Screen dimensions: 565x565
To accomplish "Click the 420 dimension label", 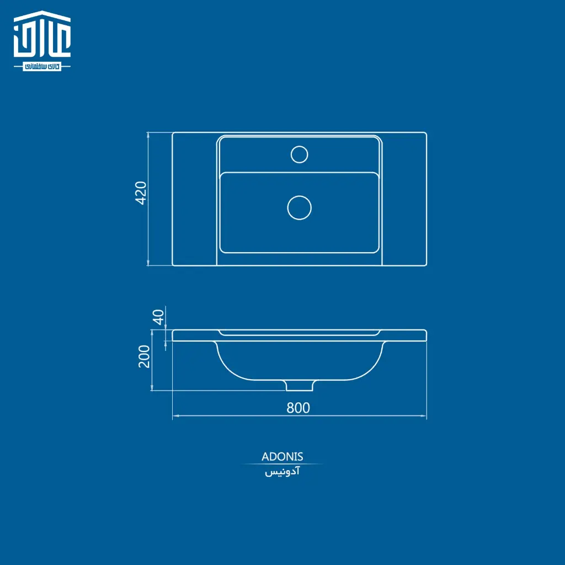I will [x=141, y=193].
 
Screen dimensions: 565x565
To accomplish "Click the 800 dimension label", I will [x=298, y=408].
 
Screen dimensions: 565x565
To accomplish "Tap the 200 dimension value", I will [x=144, y=356].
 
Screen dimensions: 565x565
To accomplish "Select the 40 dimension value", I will [x=159, y=317].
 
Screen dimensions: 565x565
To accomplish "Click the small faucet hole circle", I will [x=299, y=154].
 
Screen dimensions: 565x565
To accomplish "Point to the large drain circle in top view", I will [x=300, y=207].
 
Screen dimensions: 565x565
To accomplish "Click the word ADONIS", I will [x=282, y=457].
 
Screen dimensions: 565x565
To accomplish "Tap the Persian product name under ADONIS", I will [x=282, y=473].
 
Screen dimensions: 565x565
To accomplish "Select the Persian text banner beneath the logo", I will [x=42, y=66].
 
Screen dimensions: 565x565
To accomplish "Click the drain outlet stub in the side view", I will [x=300, y=385].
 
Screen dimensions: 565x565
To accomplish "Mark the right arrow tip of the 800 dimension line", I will [x=426, y=415].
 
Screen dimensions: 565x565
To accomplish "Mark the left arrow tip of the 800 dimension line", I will [x=173, y=415].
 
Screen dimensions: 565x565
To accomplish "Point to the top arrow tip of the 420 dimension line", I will [x=148, y=134].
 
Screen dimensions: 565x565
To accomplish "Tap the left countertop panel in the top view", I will [x=194, y=199].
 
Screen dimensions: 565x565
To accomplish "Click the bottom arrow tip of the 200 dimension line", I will [x=152, y=390].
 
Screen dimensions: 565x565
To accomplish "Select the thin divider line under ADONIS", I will [x=282, y=464].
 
